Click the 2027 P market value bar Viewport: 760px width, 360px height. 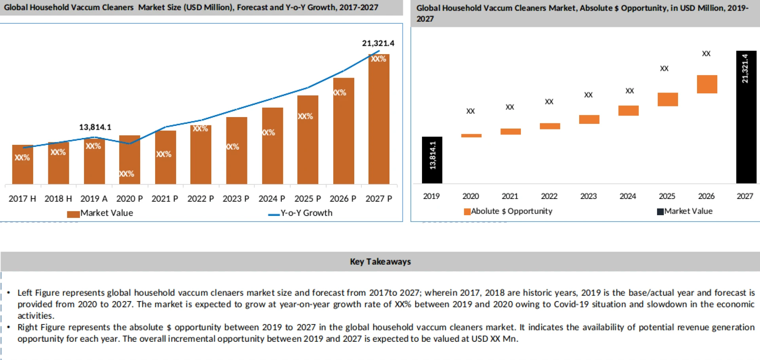tap(379, 119)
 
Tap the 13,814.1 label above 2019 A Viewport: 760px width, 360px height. tap(95, 127)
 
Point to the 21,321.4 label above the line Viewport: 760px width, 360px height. tap(378, 43)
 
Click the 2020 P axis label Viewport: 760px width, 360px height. tap(129, 199)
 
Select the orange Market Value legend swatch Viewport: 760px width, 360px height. tap(73, 214)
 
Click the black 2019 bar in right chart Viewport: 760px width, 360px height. tap(432, 160)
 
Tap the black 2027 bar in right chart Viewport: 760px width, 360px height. tap(746, 117)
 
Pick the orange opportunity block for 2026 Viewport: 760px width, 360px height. tap(707, 84)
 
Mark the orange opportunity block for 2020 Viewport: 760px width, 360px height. tap(471, 136)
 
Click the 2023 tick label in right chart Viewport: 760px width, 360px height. tap(588, 196)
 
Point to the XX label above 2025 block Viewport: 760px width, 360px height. tap(664, 68)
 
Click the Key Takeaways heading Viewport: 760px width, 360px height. tap(380, 261)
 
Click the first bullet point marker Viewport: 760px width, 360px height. tap(8, 293)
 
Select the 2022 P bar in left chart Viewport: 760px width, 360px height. tap(201, 154)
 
